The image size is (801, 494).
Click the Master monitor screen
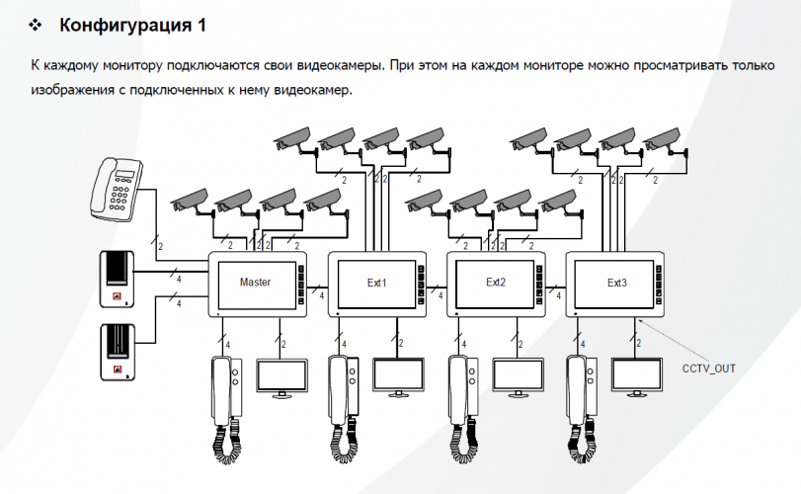255,283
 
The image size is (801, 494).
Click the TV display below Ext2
518,375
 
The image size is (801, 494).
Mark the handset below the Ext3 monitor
582,405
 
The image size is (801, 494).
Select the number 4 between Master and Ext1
323,294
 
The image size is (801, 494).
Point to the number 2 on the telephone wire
161,244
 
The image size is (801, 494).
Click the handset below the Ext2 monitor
462,405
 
